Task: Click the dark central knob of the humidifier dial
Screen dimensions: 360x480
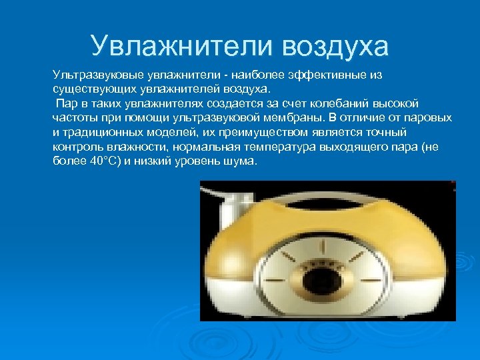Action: pos(323,277)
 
